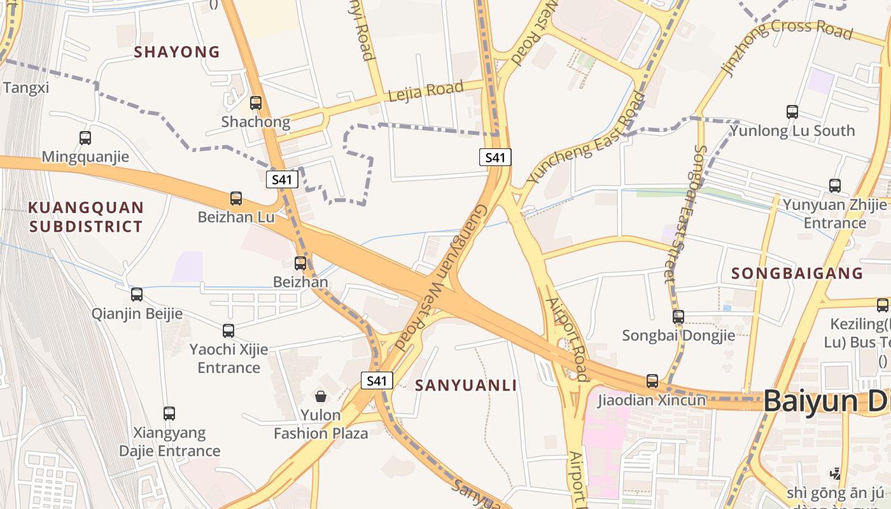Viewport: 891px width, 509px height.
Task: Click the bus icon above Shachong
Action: pos(256,102)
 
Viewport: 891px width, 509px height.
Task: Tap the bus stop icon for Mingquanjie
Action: pos(85,137)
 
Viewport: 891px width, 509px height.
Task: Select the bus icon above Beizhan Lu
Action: pos(236,199)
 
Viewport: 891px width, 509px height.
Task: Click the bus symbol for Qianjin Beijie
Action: pos(137,295)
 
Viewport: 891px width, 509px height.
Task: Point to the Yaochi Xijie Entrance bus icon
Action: pos(228,331)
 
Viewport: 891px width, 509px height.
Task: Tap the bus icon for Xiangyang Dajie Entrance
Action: pos(169,414)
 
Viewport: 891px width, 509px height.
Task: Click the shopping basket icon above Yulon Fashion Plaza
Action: pos(321,396)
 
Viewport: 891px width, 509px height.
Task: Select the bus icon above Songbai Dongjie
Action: pos(678,316)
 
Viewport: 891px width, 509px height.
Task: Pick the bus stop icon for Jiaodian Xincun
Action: pos(652,381)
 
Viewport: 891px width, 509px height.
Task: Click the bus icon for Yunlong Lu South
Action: pos(792,112)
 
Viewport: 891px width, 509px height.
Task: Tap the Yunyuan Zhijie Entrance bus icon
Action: pos(835,186)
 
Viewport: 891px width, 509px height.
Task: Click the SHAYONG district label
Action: pos(177,52)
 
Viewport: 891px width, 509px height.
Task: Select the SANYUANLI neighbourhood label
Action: pos(466,385)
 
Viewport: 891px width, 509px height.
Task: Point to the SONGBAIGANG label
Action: pos(797,274)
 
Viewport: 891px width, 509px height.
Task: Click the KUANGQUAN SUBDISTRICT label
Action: pos(86,217)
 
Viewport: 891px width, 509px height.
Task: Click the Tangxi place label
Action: pos(25,88)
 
